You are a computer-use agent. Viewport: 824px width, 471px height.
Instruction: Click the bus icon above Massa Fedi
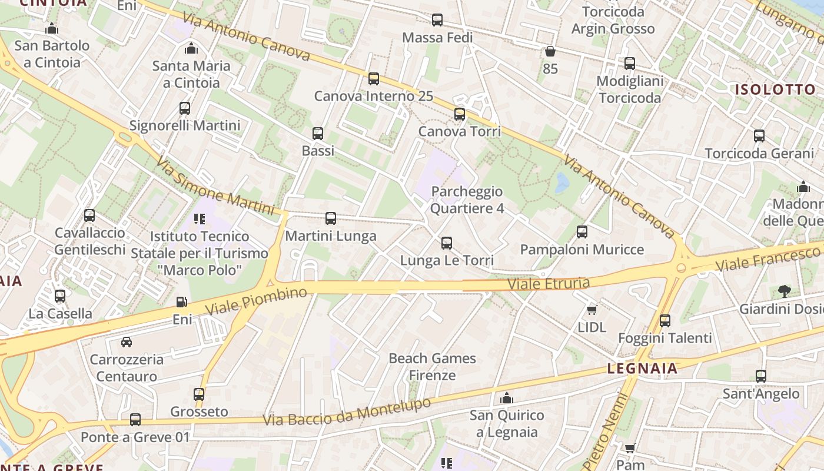click(x=437, y=20)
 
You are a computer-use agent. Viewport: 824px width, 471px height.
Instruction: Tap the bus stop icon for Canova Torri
click(x=460, y=114)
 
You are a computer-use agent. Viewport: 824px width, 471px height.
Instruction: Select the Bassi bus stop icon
click(x=318, y=134)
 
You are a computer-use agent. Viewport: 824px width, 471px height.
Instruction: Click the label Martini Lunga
click(x=331, y=236)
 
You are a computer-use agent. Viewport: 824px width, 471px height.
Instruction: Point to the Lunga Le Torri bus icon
click(x=447, y=243)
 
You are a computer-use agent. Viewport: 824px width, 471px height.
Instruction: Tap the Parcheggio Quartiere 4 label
click(x=467, y=200)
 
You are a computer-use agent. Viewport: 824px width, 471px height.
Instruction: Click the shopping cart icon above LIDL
click(x=592, y=310)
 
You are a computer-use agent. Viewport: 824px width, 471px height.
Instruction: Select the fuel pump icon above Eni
click(x=182, y=302)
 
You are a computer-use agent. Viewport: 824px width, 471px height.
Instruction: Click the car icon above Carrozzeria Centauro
click(x=127, y=342)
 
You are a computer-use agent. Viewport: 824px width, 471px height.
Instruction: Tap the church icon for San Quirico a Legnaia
click(x=507, y=399)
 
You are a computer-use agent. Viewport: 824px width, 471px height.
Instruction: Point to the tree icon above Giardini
click(x=784, y=291)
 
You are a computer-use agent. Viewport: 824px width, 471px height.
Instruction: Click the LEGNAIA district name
click(x=642, y=369)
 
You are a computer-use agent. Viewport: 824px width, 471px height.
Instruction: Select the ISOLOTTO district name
click(x=775, y=89)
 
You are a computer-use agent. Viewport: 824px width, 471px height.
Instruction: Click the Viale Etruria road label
click(x=549, y=284)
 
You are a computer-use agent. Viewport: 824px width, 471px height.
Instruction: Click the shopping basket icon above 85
click(x=550, y=52)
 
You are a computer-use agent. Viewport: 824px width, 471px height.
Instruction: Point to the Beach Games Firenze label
click(x=433, y=366)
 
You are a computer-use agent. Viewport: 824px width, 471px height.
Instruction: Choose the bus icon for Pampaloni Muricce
click(x=582, y=232)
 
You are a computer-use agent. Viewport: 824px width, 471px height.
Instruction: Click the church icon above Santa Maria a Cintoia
click(x=191, y=48)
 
